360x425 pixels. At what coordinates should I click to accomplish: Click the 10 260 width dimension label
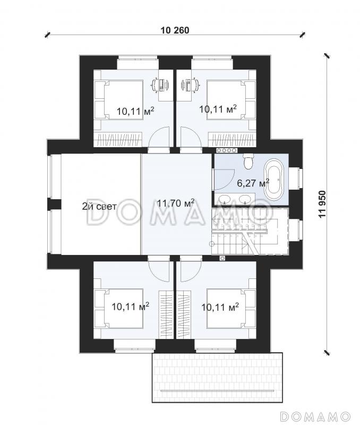click(x=175, y=30)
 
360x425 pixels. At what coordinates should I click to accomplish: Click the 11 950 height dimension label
click(x=322, y=204)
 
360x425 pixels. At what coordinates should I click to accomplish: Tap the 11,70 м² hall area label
click(x=176, y=202)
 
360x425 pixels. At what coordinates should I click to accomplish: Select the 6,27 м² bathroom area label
click(x=253, y=183)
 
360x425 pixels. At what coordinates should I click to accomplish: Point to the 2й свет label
click(x=99, y=207)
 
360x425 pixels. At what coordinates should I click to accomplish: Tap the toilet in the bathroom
click(x=247, y=161)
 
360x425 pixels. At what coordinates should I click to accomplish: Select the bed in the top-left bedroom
click(x=118, y=99)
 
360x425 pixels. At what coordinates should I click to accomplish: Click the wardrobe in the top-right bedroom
click(x=232, y=140)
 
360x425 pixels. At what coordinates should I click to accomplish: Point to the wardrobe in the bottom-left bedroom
click(x=166, y=314)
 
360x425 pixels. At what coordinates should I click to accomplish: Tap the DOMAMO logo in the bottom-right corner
click(x=315, y=415)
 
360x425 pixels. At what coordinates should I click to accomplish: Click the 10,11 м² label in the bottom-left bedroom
click(x=130, y=307)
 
